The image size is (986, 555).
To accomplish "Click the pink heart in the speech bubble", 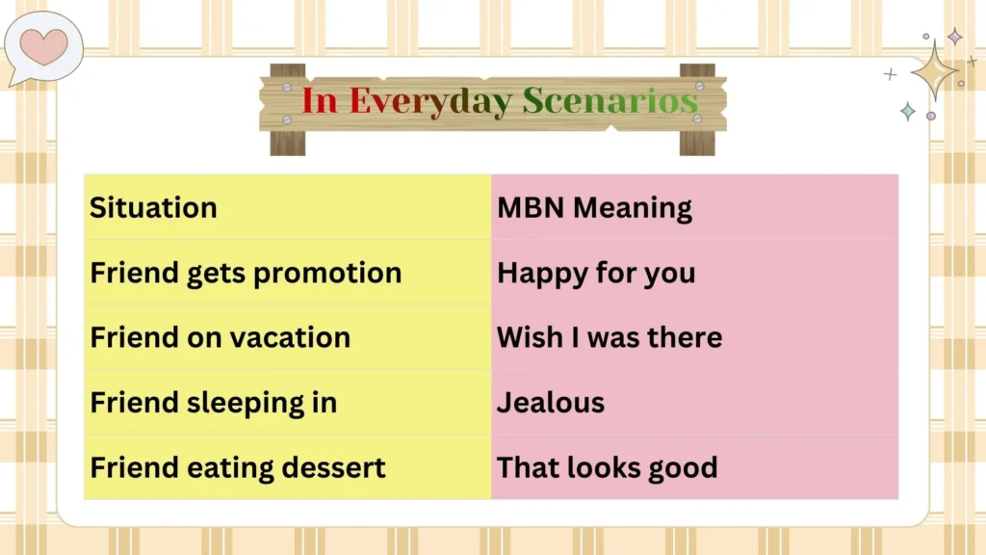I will point(44,46).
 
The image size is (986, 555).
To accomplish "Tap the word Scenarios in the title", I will point(610,101).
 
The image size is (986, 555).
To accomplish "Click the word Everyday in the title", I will point(430,101).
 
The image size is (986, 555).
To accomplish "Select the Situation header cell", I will point(287,207).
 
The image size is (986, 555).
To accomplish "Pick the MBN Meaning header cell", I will point(694,207).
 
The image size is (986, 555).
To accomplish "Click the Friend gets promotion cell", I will point(287,273).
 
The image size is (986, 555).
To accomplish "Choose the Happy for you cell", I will point(694,273).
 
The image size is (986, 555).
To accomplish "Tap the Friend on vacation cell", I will point(287,337).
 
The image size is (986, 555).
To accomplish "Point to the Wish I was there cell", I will point(694,337).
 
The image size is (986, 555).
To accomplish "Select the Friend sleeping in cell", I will point(287,402).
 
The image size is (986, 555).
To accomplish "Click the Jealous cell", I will point(694,402).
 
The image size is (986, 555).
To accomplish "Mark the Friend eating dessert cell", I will point(287,467).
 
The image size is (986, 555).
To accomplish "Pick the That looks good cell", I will point(694,467).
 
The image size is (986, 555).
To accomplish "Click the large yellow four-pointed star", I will point(933,69).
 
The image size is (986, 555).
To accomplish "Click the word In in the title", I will point(320,101).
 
